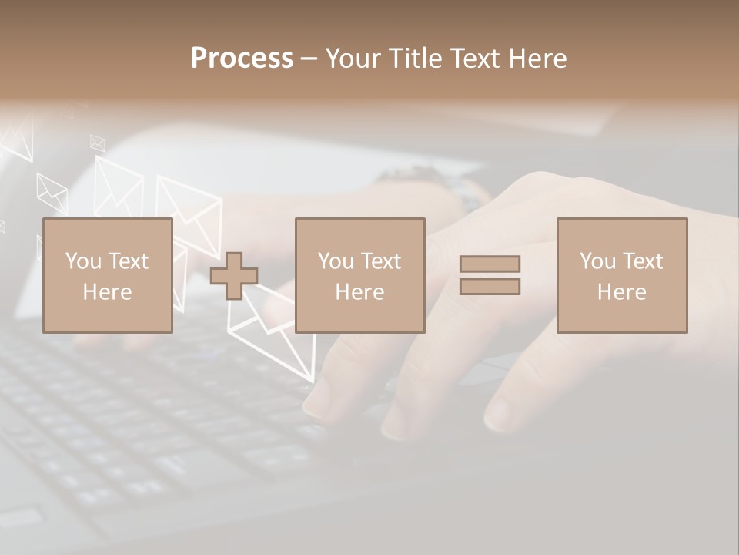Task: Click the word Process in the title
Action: coord(242,59)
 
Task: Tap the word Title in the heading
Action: coord(416,59)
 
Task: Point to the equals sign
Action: coord(490,275)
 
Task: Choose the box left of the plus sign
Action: coord(108,275)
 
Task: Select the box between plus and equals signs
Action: coord(360,275)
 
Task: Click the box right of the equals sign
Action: coord(622,275)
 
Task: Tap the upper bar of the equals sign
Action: coord(490,264)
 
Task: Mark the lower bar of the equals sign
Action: coord(490,287)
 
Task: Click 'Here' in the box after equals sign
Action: coord(622,291)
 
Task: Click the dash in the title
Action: coord(309,59)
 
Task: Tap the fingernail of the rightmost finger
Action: coord(498,415)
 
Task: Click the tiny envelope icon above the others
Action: coord(97,143)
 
